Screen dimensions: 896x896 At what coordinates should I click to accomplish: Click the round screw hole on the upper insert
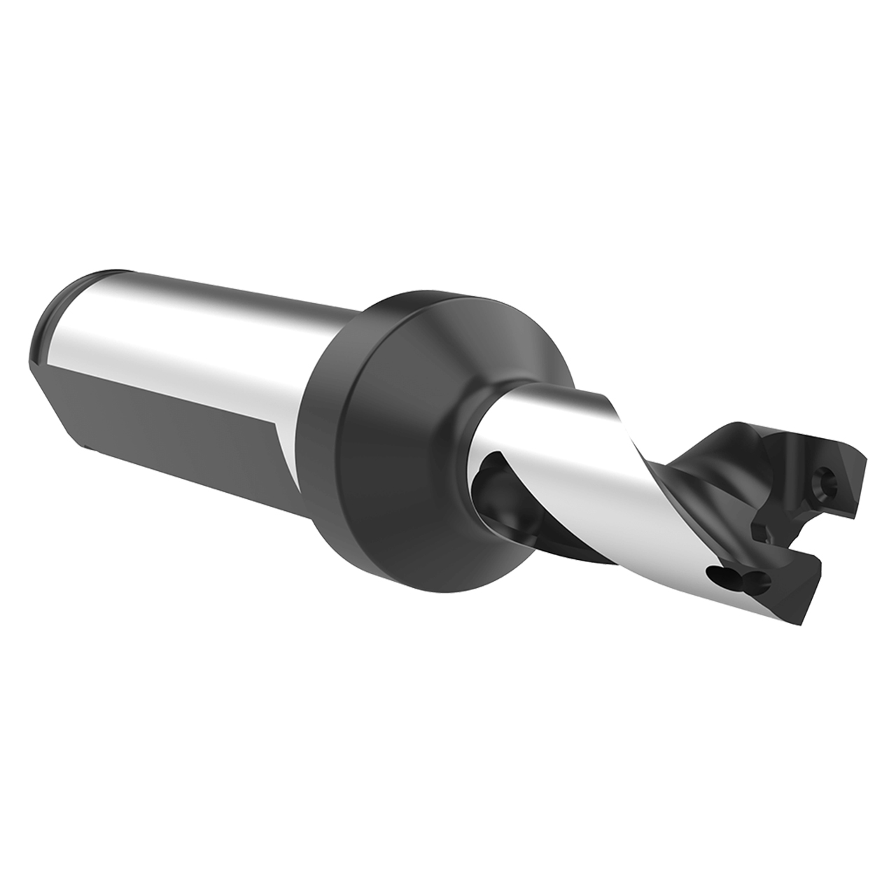[827, 482]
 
